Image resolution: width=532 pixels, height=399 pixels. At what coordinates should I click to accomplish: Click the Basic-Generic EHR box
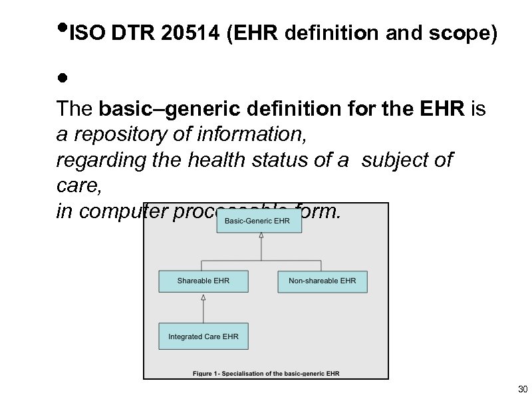click(259, 221)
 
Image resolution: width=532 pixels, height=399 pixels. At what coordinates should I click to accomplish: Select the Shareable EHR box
click(203, 281)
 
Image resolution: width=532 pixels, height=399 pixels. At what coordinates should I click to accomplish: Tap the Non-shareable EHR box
click(322, 281)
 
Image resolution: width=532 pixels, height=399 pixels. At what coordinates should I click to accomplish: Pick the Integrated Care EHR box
click(203, 336)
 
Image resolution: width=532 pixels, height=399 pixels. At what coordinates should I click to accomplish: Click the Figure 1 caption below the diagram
click(266, 374)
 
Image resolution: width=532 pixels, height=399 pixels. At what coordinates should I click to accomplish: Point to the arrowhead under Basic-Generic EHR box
click(261, 236)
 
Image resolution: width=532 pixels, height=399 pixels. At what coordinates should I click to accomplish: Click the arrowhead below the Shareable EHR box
click(203, 298)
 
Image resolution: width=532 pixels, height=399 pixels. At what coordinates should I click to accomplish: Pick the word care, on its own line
click(78, 187)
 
